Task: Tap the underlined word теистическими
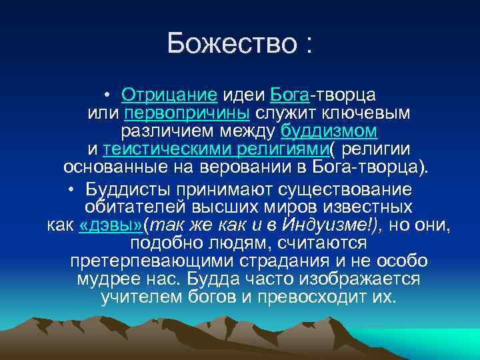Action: pos(158,147)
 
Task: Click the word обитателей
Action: pos(137,207)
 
